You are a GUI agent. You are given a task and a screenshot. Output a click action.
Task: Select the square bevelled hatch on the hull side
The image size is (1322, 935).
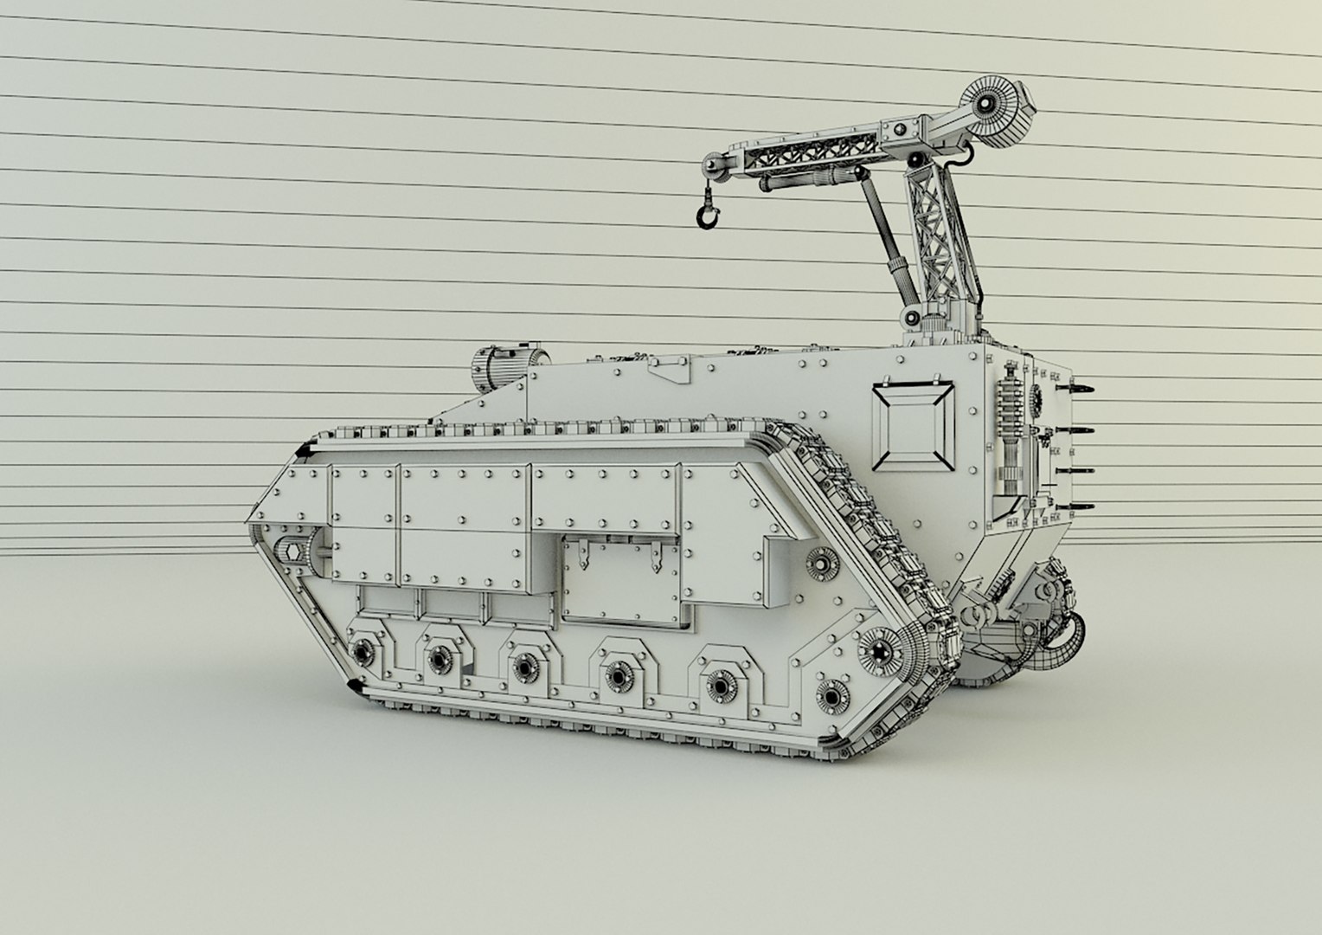pos(914,425)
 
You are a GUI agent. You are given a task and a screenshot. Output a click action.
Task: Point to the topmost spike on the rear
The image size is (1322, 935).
pos(1080,386)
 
